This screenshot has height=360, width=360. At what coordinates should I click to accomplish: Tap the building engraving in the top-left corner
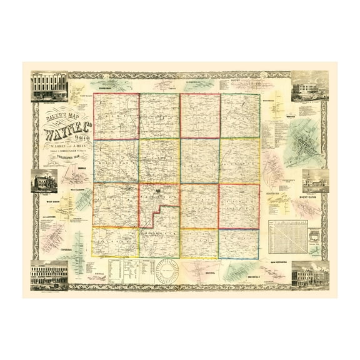[x=49, y=86]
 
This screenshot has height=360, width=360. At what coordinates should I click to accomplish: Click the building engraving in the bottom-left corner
[x=49, y=274]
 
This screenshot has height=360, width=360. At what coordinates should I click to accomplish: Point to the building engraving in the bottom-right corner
[x=310, y=273]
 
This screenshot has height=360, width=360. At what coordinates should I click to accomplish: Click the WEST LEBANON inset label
[x=77, y=187]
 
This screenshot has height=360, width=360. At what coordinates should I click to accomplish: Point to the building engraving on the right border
[x=314, y=181]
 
